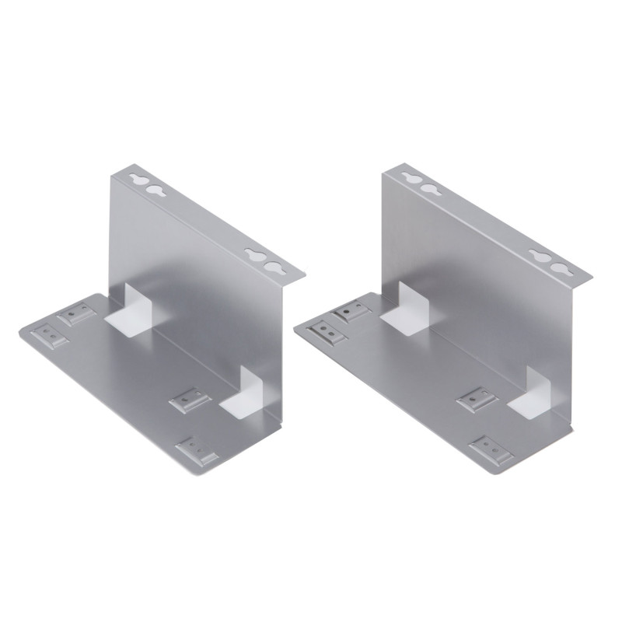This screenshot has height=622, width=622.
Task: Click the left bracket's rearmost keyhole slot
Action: (x=138, y=179)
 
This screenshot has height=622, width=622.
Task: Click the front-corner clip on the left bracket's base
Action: (x=197, y=450)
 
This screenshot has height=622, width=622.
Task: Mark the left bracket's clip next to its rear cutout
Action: (x=78, y=313)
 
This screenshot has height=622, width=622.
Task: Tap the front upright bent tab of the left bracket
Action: (x=253, y=386)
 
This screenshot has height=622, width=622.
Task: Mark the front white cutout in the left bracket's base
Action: (x=238, y=404)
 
